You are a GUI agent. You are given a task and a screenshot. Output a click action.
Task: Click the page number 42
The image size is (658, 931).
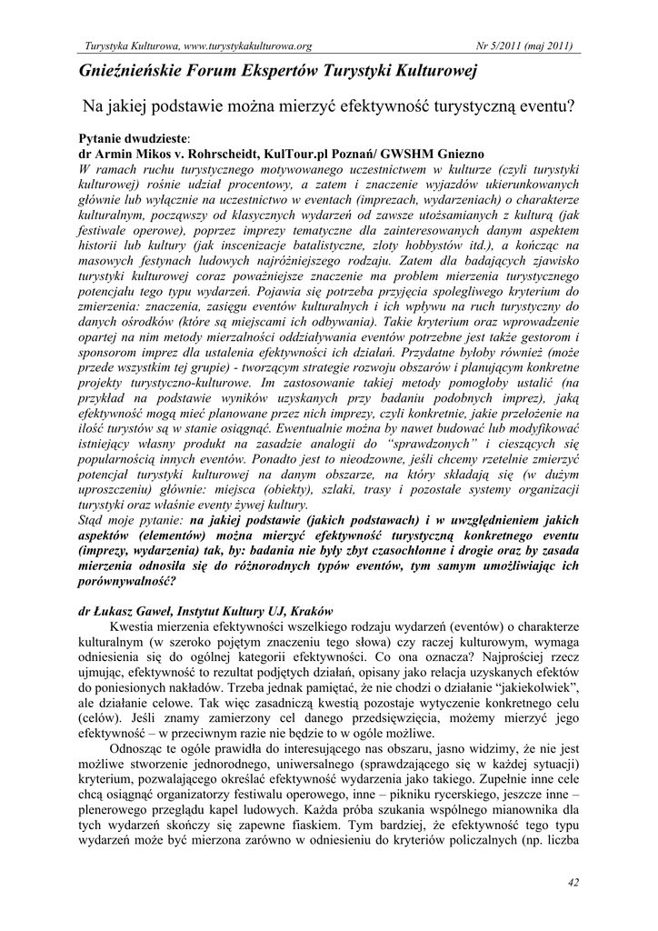pyautogui.click(x=572, y=882)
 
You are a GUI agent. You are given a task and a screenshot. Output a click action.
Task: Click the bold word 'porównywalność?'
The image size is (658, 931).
pyautogui.click(x=125, y=583)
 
